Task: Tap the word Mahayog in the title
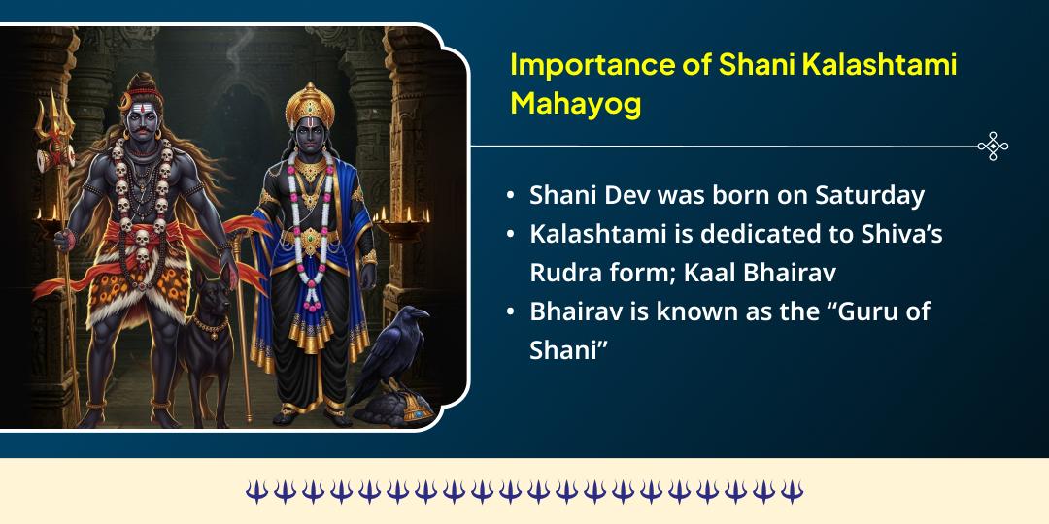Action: point(576,104)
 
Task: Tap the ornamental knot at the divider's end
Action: point(992,147)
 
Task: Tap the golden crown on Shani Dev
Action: point(308,100)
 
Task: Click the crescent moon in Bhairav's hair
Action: point(128,99)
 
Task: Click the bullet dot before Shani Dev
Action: point(511,196)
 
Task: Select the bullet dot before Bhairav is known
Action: point(511,313)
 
